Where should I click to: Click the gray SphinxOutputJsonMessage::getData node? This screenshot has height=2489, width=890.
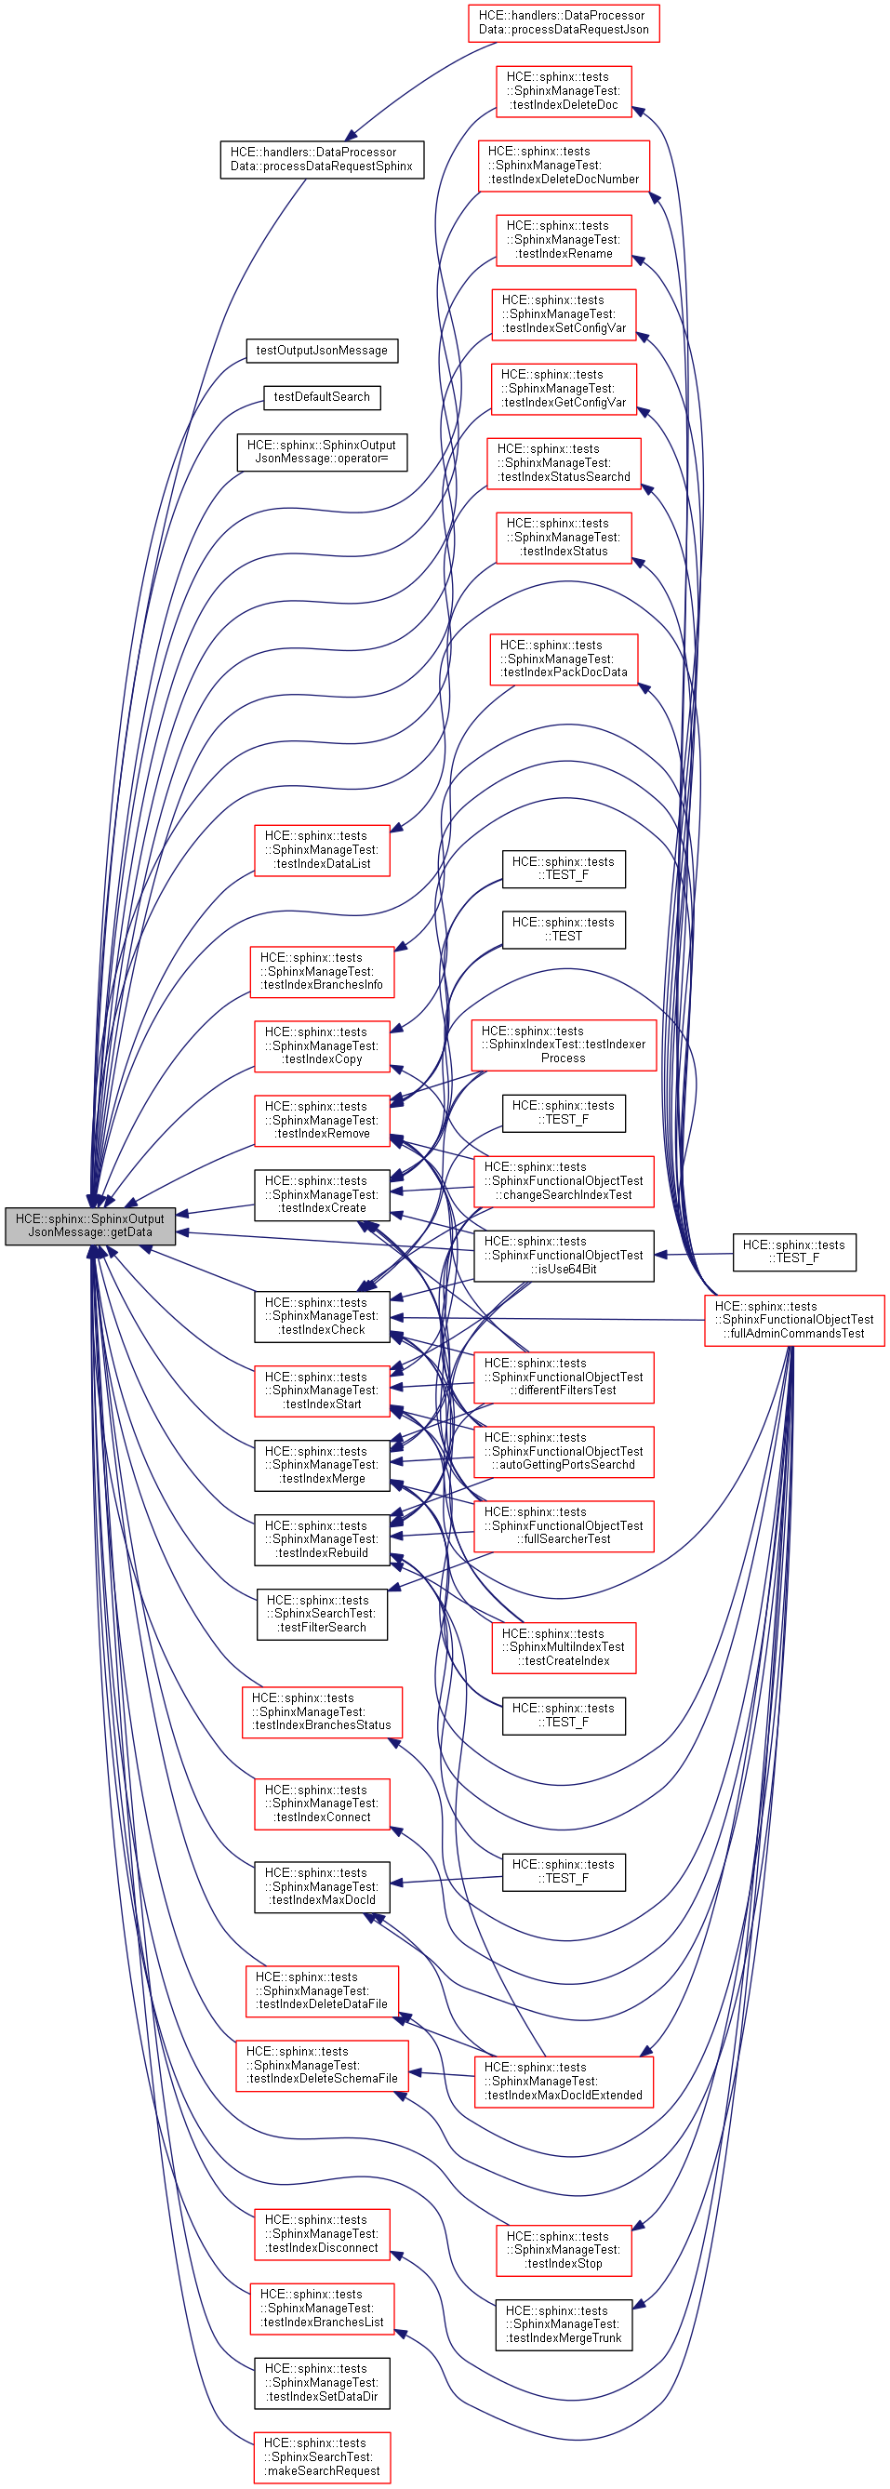tap(90, 1225)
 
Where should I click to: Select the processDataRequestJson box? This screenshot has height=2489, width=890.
tap(564, 22)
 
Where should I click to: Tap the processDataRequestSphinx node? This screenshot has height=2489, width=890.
tap(321, 159)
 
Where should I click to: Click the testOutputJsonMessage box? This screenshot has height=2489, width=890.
tap(322, 351)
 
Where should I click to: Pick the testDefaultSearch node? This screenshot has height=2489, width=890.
tap(322, 397)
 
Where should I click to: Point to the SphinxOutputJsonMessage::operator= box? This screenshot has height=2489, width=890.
tap(322, 452)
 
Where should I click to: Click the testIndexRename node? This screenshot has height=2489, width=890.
tap(564, 240)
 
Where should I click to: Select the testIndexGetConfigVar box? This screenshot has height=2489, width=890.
tap(564, 389)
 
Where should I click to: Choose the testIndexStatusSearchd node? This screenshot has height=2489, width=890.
tap(564, 463)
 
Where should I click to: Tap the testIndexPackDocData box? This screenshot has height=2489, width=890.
tap(564, 659)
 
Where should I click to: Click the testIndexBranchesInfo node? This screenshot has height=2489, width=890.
tap(322, 972)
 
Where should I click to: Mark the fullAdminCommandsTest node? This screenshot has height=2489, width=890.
tap(793, 1320)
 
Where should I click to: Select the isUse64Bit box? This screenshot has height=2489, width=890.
tap(564, 1255)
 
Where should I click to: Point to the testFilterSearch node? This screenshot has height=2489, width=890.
tap(322, 1614)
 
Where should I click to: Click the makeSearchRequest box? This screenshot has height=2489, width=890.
tap(322, 2457)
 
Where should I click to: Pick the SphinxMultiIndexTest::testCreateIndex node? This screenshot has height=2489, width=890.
tap(564, 1647)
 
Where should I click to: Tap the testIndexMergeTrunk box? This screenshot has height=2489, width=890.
tap(564, 2324)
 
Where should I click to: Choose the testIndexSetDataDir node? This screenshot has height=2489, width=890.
tap(322, 2383)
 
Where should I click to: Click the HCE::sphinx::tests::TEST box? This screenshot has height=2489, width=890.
tap(564, 929)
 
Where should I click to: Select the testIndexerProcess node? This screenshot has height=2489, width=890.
tap(564, 1045)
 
